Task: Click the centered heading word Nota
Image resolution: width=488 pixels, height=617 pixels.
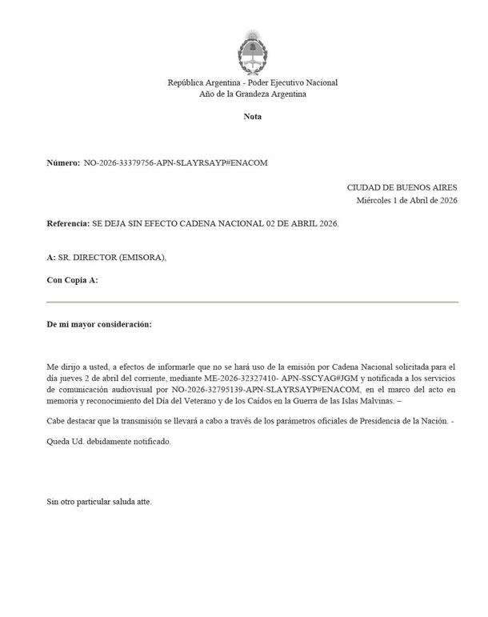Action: pos(252,117)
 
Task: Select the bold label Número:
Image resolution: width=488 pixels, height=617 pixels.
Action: pos(63,162)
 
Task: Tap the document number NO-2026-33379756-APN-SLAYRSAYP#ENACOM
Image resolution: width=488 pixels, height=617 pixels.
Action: pos(175,162)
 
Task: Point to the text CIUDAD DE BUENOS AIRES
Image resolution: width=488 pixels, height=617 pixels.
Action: pos(402,186)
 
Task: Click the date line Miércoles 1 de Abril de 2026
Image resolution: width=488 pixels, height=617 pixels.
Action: pos(406,200)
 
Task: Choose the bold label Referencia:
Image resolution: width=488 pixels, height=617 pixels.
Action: pos(68,223)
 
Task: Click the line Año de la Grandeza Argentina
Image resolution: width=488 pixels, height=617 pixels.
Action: pos(252,94)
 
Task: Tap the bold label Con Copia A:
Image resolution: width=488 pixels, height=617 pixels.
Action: pos(72,280)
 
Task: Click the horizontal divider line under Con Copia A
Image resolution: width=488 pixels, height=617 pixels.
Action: pos(252,302)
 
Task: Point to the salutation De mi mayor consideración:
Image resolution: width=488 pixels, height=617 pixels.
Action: pos(99,325)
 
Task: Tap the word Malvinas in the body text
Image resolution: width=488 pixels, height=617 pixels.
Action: pos(369,401)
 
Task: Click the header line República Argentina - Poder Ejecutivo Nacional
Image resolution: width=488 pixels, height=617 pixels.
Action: pos(252,82)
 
